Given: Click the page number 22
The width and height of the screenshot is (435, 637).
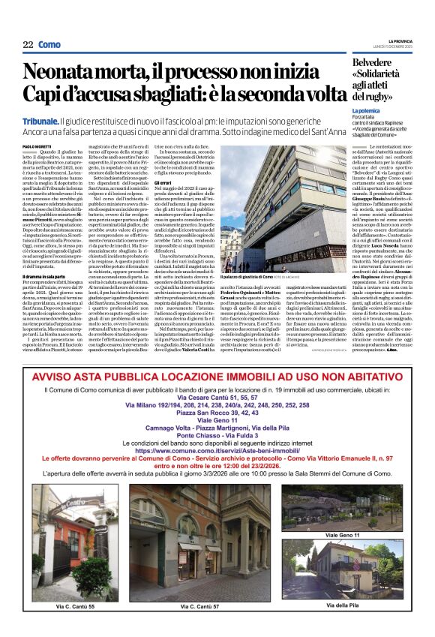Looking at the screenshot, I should tap(28, 44).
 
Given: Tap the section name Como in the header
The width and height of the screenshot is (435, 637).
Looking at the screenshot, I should tap(49, 44).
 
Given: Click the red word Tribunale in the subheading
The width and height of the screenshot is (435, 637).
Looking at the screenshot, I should tap(40, 120).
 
